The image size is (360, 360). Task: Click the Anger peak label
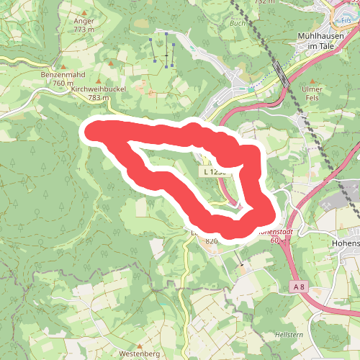click(x=84, y=21)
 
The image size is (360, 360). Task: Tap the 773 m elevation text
click(x=84, y=30)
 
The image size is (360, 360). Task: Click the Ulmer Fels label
click(x=313, y=93)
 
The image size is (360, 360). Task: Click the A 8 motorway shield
click(x=300, y=287)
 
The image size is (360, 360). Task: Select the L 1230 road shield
click(x=214, y=172)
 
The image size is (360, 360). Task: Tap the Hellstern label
click(x=288, y=336)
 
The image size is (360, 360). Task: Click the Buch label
click(x=237, y=24)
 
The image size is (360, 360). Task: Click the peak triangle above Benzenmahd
click(x=63, y=65)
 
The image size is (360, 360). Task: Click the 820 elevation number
click(x=211, y=241)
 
